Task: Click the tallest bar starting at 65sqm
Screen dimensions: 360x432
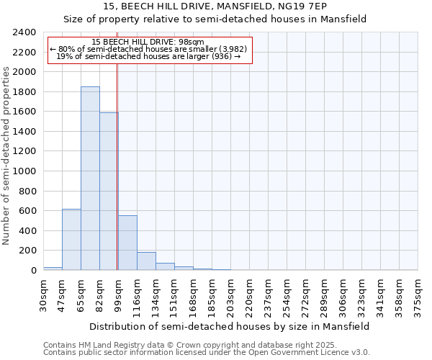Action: tap(90, 179)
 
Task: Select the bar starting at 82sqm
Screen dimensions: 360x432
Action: tap(109, 191)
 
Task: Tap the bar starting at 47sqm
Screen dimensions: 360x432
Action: tap(71, 239)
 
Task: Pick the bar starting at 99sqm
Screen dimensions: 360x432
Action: tap(127, 243)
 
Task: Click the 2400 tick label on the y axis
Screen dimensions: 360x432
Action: tap(24, 32)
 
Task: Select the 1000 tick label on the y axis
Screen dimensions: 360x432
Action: tap(24, 171)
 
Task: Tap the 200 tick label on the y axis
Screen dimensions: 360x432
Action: tap(27, 251)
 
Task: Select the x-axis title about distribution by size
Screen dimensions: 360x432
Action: tap(230, 326)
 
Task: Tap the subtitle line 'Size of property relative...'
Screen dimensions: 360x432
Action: tap(215, 19)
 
